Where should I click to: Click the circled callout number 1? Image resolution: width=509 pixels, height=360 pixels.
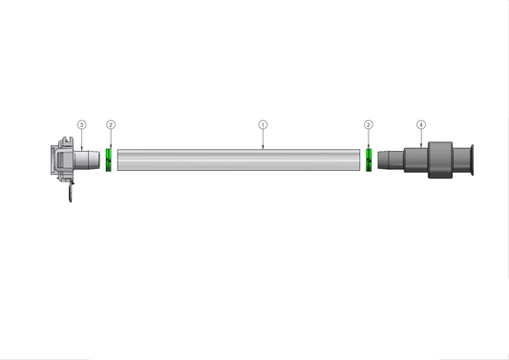pyautogui.click(x=264, y=125)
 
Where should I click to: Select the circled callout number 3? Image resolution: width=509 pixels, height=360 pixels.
pyautogui.click(x=81, y=125)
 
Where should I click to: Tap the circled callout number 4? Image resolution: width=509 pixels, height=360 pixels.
pyautogui.click(x=421, y=125)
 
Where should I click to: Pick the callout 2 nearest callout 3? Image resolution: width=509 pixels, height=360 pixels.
pyautogui.click(x=111, y=125)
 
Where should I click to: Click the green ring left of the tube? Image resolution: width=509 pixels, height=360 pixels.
pyautogui.click(x=110, y=159)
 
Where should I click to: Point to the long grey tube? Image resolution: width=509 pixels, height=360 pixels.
pyautogui.click(x=239, y=159)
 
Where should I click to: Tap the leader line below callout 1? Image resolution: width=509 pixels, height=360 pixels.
pyautogui.click(x=264, y=139)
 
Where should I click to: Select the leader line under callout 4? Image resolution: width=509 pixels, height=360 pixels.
pyautogui.click(x=421, y=138)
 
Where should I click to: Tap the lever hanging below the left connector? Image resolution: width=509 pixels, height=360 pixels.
pyautogui.click(x=70, y=194)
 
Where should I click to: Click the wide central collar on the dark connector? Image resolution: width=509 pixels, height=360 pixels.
pyautogui.click(x=438, y=159)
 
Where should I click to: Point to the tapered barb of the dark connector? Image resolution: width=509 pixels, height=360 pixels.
pyautogui.click(x=390, y=159)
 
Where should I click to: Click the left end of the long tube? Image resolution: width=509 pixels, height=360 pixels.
pyautogui.click(x=120, y=159)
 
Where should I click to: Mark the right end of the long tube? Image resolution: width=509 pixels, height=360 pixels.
pyautogui.click(x=358, y=159)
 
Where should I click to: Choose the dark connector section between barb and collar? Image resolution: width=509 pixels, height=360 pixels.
pyautogui.click(x=414, y=159)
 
